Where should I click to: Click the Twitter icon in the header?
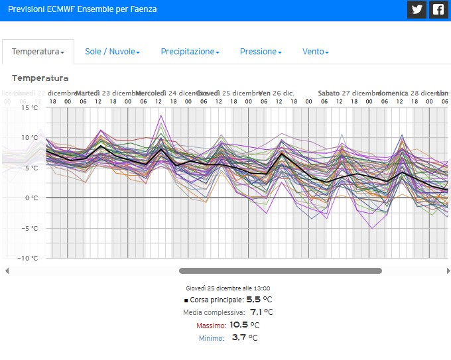(x=417, y=9)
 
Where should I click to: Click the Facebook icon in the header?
(x=438, y=9)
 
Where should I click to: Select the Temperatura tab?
(x=38, y=51)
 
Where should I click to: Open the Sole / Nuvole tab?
(x=112, y=51)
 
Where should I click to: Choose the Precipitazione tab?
(x=190, y=51)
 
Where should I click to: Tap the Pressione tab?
(x=261, y=51)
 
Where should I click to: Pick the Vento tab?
(x=315, y=51)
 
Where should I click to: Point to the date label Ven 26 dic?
(x=277, y=93)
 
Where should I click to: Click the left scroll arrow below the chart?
(x=7, y=270)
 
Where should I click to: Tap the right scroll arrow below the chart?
(x=448, y=270)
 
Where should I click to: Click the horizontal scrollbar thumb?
(x=280, y=270)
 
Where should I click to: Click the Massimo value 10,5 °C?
(x=244, y=325)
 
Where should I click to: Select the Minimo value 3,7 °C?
(x=245, y=338)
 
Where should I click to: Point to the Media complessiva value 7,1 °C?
(x=261, y=312)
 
